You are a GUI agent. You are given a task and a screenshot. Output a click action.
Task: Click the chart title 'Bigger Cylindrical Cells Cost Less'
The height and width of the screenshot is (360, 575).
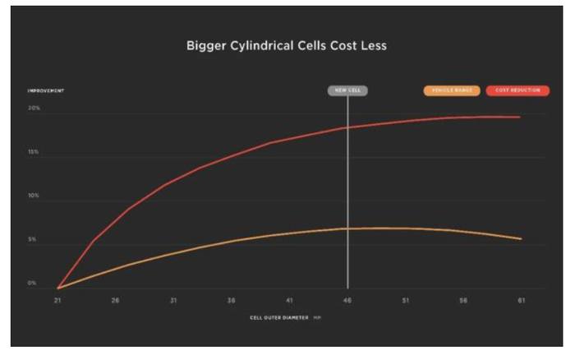point(286,46)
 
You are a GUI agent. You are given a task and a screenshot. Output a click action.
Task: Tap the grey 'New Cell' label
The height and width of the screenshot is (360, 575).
point(347,90)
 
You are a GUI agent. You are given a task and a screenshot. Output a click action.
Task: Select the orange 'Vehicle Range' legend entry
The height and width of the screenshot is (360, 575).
point(452,90)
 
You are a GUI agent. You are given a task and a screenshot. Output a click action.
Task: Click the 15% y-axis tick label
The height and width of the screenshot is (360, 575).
point(34,153)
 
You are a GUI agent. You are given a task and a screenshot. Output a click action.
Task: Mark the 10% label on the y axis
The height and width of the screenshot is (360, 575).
point(34,197)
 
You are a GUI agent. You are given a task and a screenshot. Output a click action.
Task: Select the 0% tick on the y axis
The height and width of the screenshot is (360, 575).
point(33,284)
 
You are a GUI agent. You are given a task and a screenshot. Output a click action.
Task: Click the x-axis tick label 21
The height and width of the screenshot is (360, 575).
point(57,301)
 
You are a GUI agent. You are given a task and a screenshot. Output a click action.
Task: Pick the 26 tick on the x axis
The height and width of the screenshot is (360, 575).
point(115,301)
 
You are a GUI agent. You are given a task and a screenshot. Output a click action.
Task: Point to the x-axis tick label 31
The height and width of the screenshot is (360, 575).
point(173,301)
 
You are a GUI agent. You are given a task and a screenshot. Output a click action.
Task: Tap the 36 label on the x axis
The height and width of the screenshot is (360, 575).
point(232,301)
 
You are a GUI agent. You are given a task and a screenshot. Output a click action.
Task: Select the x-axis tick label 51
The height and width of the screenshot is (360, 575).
point(405,301)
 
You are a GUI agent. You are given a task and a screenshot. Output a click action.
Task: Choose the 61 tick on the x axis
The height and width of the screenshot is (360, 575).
point(521,301)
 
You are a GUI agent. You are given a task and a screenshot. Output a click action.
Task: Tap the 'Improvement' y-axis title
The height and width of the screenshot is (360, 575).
point(46,90)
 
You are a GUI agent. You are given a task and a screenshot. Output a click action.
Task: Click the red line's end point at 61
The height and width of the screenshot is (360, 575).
point(520,117)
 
